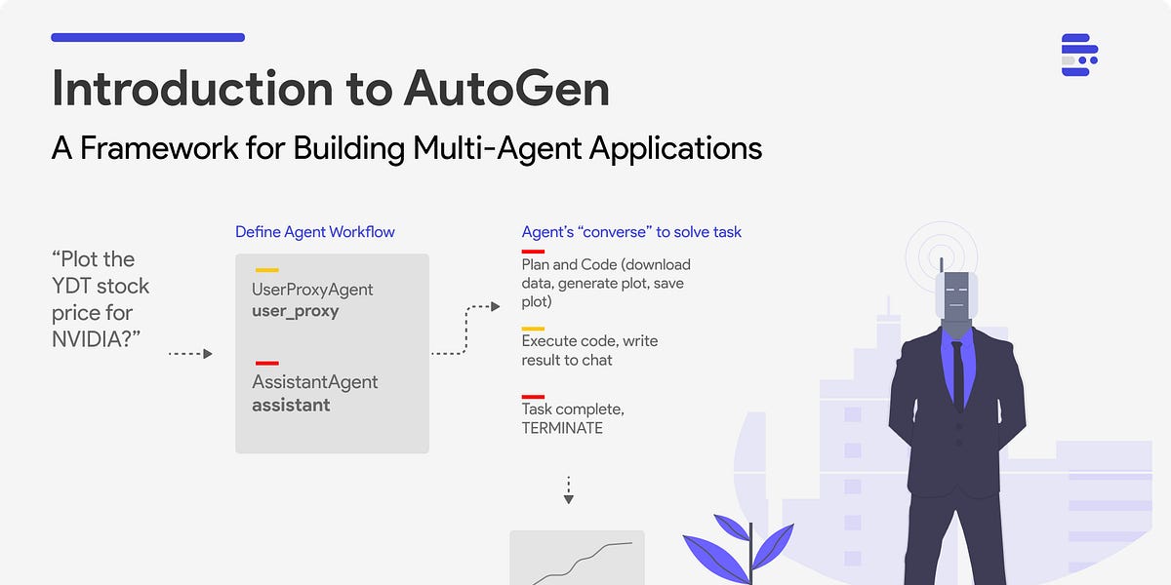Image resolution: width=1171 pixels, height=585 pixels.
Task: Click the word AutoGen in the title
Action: [506, 89]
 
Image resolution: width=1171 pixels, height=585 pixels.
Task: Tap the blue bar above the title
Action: [147, 37]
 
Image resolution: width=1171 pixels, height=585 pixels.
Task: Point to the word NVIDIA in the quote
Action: [93, 340]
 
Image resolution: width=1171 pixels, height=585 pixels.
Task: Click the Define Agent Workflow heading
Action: [314, 232]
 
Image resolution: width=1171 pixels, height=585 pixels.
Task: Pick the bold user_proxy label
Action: [295, 312]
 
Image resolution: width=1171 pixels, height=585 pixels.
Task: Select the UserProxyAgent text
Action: [312, 290]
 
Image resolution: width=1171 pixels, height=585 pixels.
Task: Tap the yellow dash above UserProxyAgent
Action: [266, 270]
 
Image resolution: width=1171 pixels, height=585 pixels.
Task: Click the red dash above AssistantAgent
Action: [266, 363]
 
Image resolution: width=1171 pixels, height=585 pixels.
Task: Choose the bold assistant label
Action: [291, 405]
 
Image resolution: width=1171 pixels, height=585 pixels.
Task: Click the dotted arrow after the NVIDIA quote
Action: [190, 353]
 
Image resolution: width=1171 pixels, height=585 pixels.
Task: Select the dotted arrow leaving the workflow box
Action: [465, 330]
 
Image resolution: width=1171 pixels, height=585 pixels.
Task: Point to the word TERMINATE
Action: [562, 427]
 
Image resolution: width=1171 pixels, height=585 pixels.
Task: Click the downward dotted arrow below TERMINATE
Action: [568, 489]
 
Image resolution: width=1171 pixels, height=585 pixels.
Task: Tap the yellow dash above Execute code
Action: [533, 329]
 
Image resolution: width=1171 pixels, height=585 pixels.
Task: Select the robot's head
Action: [955, 296]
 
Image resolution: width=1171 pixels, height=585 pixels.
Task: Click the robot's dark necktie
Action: [957, 371]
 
